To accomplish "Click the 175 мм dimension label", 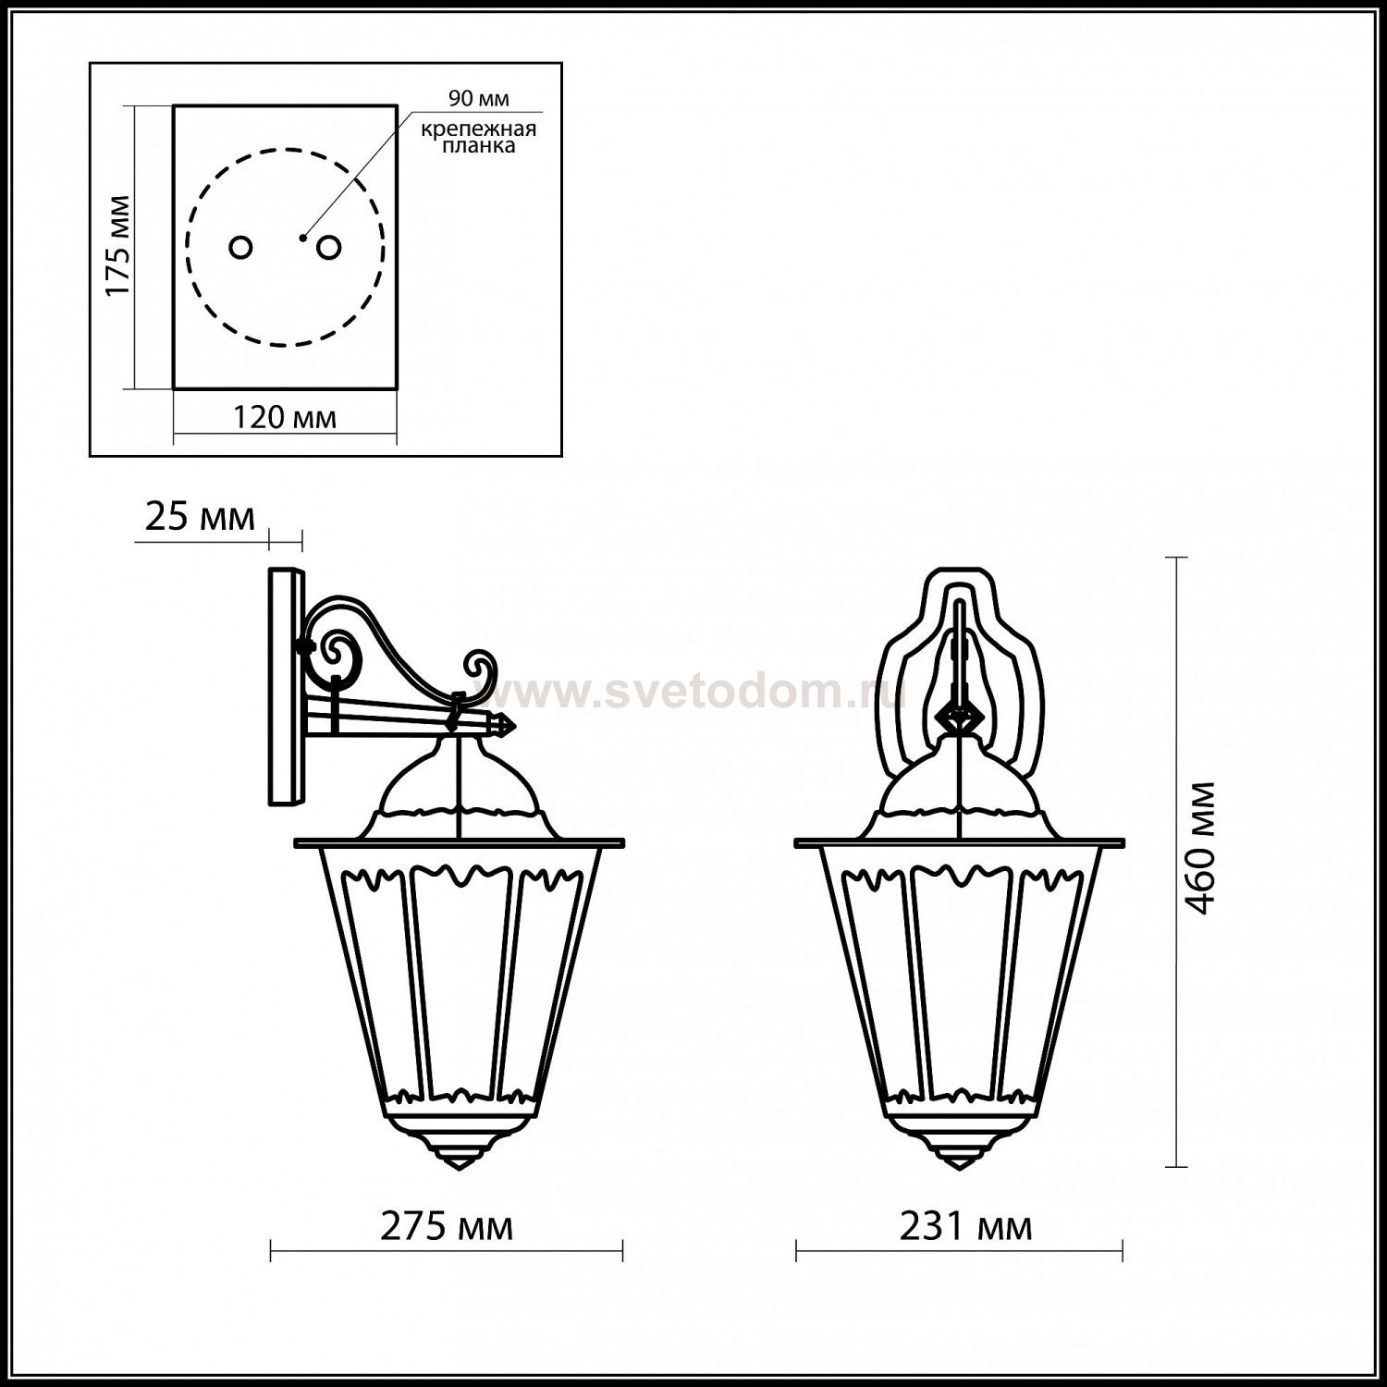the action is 117,246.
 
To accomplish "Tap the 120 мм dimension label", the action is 284,417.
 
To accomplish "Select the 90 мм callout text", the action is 479,99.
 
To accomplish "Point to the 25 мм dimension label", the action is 200,518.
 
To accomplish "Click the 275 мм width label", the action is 447,1227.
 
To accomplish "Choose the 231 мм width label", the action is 965,1227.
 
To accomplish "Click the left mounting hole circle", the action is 241,247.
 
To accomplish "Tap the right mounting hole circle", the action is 328,247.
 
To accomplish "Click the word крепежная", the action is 479,129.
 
